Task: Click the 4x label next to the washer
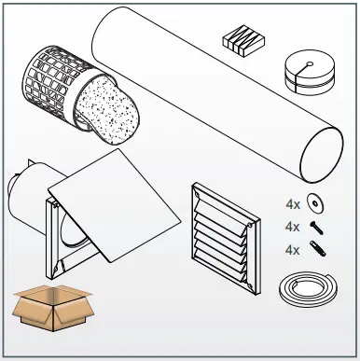293,204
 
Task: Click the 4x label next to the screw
293,227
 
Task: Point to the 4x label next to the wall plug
293,249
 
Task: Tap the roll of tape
305,72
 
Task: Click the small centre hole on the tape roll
306,62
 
